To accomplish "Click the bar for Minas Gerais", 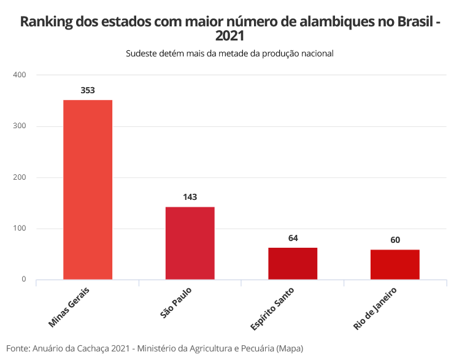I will pyautogui.click(x=88, y=190).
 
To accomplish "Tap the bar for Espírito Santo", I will pyautogui.click(x=293, y=263).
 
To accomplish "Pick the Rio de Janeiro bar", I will pyautogui.click(x=395, y=264).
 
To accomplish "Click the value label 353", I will pyautogui.click(x=88, y=90).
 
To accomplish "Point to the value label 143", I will pyautogui.click(x=190, y=197).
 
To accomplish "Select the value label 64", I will pyautogui.click(x=293, y=238).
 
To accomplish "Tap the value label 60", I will pyautogui.click(x=395, y=240).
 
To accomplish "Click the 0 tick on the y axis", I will pyautogui.click(x=24, y=280).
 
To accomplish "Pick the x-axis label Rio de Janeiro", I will pyautogui.click(x=376, y=308).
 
